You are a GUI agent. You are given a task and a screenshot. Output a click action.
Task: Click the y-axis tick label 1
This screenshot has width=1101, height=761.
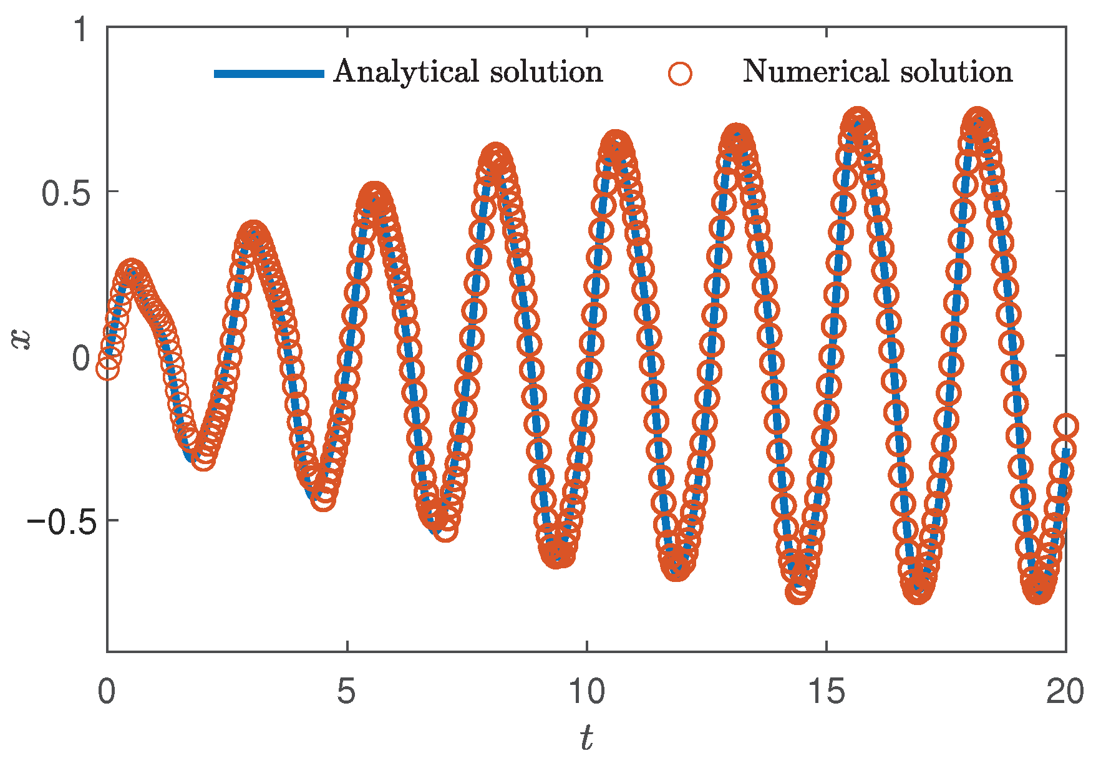82,30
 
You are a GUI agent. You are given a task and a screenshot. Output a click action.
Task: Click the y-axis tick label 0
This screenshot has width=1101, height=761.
82,358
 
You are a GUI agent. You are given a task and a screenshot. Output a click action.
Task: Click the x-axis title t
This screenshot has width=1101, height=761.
586,738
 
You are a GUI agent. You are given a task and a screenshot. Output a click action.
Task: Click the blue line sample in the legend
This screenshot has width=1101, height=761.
269,74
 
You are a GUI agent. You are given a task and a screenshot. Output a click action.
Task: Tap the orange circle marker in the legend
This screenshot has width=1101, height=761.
679,73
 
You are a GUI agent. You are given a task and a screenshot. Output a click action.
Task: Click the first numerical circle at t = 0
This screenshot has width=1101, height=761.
108,369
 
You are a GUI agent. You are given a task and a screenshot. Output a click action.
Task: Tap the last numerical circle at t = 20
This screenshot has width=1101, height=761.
1066,427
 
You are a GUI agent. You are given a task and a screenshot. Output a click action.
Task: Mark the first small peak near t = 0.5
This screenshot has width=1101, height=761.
131,272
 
